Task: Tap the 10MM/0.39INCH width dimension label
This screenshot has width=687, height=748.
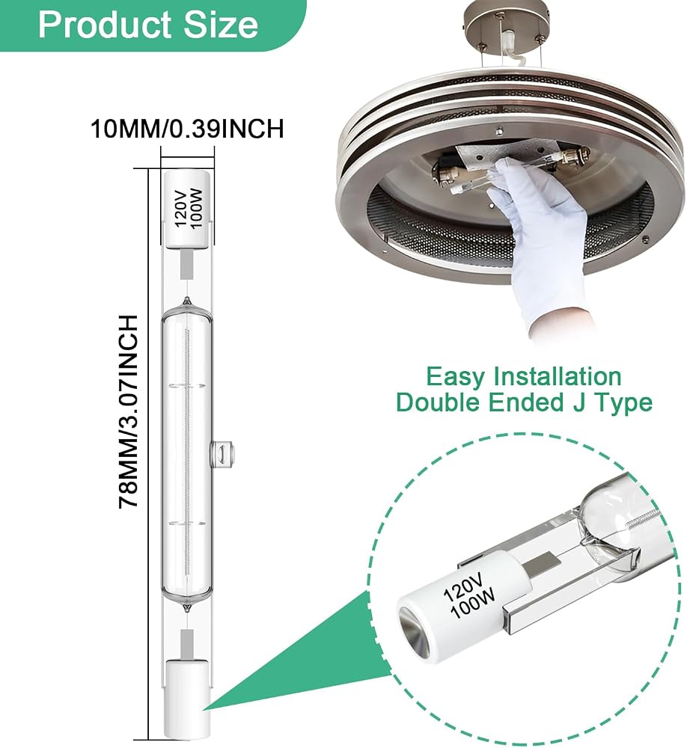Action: click(187, 129)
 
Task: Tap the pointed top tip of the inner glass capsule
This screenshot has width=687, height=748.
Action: click(187, 301)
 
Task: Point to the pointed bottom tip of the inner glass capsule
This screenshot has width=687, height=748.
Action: click(187, 609)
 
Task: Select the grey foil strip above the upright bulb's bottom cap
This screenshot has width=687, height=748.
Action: click(187, 642)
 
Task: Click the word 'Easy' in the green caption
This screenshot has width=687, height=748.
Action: click(454, 377)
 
